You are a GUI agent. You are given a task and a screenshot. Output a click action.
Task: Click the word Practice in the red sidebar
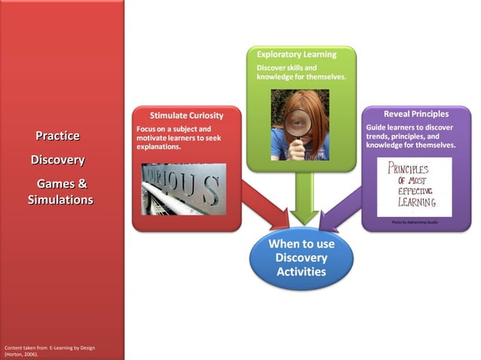(57, 136)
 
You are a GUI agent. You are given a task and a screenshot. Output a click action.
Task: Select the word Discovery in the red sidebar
(57, 160)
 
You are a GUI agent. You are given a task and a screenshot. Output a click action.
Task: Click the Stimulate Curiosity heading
(185, 116)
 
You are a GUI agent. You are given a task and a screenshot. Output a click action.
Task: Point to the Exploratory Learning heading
(296, 55)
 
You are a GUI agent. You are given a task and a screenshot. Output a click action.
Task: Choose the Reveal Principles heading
(417, 114)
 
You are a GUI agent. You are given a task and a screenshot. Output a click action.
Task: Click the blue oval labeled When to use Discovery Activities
(301, 258)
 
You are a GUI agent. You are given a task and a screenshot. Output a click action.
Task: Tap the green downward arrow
(305, 197)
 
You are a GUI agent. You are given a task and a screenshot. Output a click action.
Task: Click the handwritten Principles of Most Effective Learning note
(414, 186)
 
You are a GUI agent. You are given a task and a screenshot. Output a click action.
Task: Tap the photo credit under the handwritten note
(415, 222)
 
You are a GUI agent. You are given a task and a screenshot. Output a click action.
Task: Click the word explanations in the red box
(159, 147)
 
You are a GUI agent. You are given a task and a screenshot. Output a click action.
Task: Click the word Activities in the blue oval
(301, 271)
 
